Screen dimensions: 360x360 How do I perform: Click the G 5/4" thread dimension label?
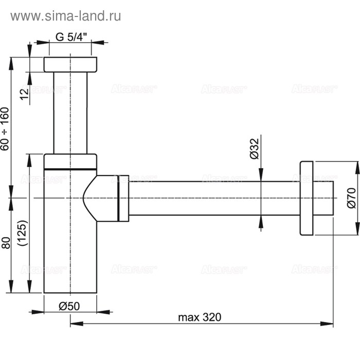click(x=71, y=37)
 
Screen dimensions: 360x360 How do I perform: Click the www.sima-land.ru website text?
click(x=66, y=16)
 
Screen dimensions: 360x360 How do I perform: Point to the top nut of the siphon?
click(x=70, y=65)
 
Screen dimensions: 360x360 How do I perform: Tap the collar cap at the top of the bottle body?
click(x=70, y=161)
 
